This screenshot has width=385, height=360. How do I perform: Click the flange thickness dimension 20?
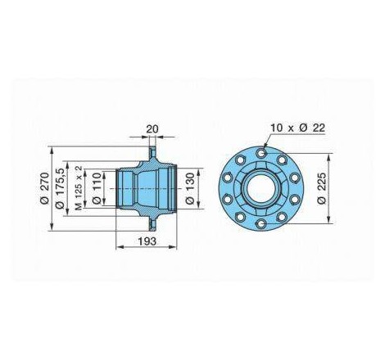click(x=152, y=128)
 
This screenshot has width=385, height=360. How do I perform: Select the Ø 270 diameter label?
click(x=44, y=188)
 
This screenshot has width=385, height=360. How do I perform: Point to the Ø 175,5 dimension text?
click(x=60, y=188)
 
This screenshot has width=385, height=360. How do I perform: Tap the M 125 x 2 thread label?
click(x=79, y=188)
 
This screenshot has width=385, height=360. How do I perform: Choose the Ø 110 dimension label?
click(x=96, y=188)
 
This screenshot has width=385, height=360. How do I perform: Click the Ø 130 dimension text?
click(x=189, y=188)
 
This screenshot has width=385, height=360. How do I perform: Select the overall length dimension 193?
click(x=147, y=241)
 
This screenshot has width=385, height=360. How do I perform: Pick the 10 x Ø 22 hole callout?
click(x=297, y=128)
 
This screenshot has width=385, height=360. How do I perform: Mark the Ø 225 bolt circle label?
click(x=322, y=188)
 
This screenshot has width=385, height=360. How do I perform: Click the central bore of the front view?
click(x=261, y=188)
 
